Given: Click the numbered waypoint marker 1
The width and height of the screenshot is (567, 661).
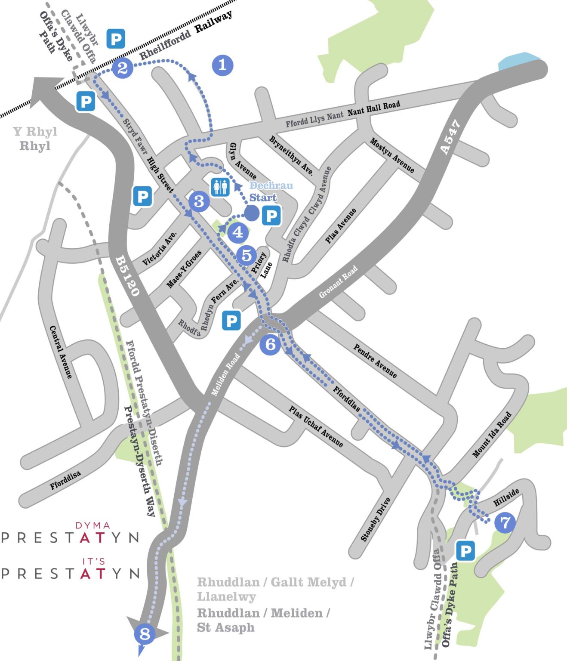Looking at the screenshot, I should tap(222, 65).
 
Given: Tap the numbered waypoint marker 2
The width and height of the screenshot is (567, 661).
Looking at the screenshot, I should tap(123, 68).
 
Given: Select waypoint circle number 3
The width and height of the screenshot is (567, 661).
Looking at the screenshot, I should tap(199, 201).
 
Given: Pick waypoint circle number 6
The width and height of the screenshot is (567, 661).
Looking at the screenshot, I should tap(270, 344).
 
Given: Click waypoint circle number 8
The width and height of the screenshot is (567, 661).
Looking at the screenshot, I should tap(145, 633).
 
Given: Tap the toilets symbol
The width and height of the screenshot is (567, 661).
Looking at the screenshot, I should tap(220, 188).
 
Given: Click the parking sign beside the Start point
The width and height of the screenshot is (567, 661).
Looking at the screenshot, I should tap(271, 215).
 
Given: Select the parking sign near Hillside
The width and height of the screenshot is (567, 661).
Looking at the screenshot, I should tap(465, 551).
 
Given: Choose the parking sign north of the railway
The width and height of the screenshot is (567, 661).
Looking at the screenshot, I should tap(116, 39).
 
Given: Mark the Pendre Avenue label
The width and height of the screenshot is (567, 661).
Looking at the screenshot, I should tap(375, 361).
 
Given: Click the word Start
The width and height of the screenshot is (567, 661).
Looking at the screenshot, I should tap(263, 198).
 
